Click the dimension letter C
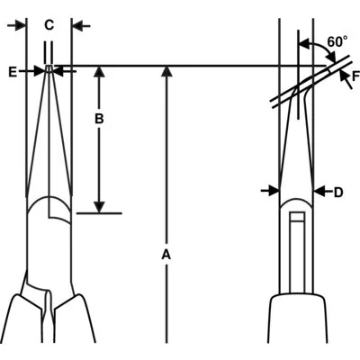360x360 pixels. coord(49,25)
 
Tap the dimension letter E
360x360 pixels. coord(13,72)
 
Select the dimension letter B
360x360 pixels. coord(99,119)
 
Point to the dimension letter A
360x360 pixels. coord(166,255)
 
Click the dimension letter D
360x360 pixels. coord(338,193)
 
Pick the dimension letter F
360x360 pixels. coord(355,76)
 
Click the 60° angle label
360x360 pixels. coord(337,41)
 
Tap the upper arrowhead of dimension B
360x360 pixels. coord(99,72)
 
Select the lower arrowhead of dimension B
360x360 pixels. coord(99,207)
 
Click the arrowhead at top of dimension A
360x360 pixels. coord(166,72)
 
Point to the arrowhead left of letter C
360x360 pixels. coord(21,26)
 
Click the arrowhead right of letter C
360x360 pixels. coord(78,26)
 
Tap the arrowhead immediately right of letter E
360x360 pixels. coord(40,71)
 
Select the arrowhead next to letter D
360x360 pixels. coord(319,191)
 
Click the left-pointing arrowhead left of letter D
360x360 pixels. coord(319,191)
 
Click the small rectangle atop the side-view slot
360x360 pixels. coord(298,216)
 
